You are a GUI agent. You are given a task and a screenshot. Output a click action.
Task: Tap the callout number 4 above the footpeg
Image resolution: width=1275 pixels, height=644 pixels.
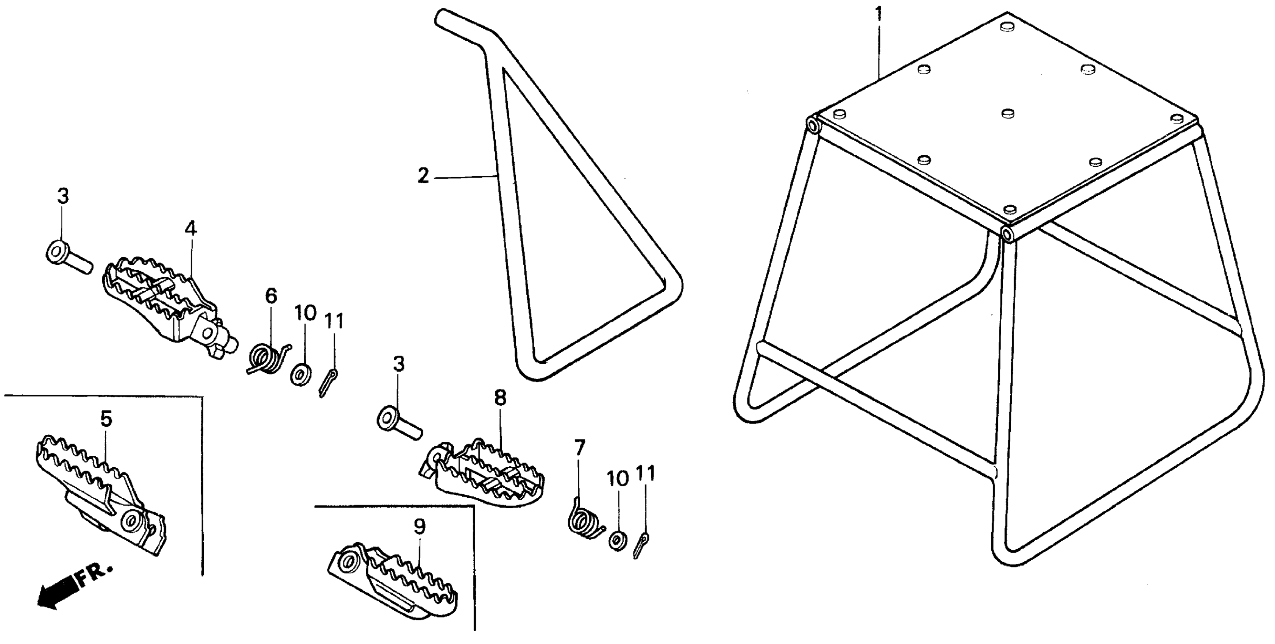pyautogui.click(x=190, y=229)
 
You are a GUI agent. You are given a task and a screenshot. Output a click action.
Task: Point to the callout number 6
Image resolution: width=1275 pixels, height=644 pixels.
pyautogui.click(x=271, y=296)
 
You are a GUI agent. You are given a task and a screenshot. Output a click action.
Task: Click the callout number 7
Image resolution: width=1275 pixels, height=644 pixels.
pyautogui.click(x=580, y=449)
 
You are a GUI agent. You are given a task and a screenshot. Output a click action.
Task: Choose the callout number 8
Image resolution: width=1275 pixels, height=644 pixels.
pyautogui.click(x=500, y=398)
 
